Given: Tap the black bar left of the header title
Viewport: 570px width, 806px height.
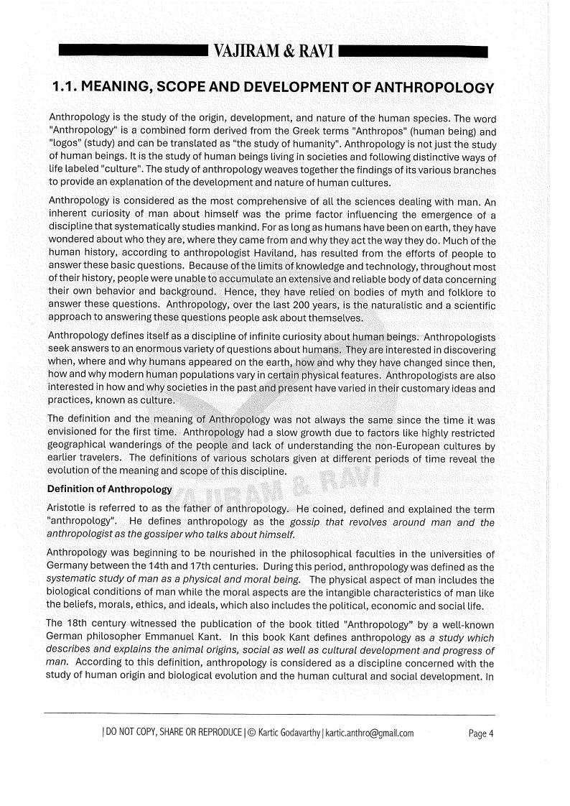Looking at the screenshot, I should pyautogui.click(x=132, y=52).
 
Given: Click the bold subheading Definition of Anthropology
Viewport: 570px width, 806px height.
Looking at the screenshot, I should pyautogui.click(x=110, y=489).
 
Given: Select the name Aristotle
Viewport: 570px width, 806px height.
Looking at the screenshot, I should pyautogui.click(x=70, y=509).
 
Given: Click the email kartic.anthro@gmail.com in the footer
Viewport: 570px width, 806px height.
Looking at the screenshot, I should pyautogui.click(x=370, y=733).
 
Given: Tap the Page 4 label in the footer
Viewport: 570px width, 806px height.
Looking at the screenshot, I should pyautogui.click(x=481, y=733).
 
